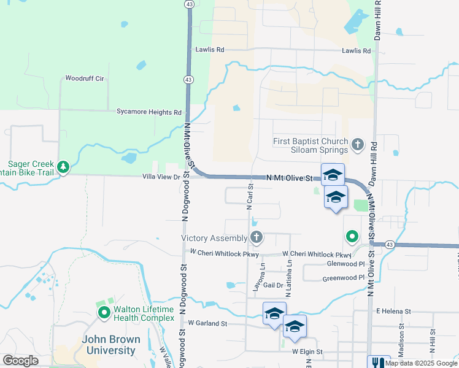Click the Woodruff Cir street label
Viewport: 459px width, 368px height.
(85, 79)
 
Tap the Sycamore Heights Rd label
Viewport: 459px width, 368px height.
(150, 112)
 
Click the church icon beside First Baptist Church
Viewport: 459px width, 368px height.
(358, 146)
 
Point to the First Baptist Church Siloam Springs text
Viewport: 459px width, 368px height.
(310, 146)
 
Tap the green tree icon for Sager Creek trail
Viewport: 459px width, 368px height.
(63, 167)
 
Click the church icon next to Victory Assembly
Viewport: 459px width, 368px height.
(257, 237)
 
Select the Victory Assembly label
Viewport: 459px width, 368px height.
(214, 238)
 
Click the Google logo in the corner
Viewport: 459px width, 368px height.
(20, 361)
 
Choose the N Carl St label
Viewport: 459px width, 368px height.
(250, 196)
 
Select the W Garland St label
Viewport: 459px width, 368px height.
(207, 323)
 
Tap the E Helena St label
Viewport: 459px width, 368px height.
(393, 311)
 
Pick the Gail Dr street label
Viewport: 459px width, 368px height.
(273, 285)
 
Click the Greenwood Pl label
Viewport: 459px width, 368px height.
(344, 278)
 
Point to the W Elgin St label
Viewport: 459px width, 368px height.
(307, 352)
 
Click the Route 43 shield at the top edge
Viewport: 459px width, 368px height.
(190, 4)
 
